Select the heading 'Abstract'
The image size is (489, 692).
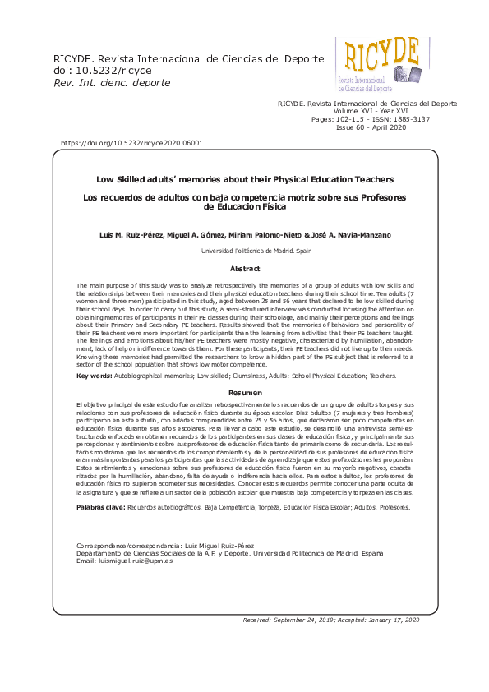coord(244,269)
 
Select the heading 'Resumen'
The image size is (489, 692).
coord(244,393)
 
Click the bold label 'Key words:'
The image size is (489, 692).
coord(95,376)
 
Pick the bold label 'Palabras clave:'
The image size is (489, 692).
coord(100,507)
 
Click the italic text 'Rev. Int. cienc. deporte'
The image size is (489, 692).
coord(112,83)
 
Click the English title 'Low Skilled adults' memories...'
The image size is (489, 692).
coord(244,178)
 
